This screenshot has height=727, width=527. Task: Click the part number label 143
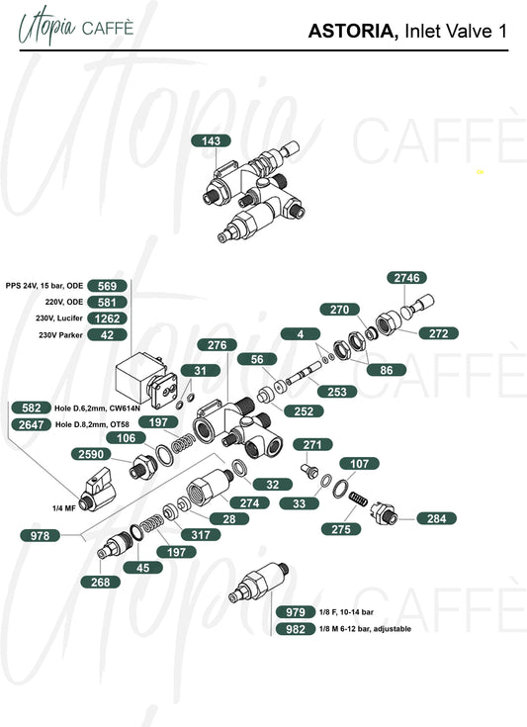coord(212,140)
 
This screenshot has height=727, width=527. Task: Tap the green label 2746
coord(406,278)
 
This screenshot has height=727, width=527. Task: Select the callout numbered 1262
coord(107,318)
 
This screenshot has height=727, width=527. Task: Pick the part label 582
coord(32,408)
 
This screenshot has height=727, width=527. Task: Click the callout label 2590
coord(91,454)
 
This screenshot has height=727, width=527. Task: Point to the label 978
coord(40,535)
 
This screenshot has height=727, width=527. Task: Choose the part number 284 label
coord(436,518)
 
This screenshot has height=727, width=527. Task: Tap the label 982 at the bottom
coord(296,629)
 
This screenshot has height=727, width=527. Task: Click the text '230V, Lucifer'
coord(59,318)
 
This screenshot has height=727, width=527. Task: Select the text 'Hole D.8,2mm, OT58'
coord(92,424)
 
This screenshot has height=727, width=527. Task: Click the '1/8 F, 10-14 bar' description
coord(346,612)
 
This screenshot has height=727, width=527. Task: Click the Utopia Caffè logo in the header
coord(76,26)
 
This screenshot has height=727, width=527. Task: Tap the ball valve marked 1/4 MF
coord(97,490)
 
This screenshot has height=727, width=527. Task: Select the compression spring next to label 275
coord(358,500)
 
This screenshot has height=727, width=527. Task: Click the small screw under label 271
coord(310,471)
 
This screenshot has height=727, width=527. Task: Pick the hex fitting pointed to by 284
coord(385,513)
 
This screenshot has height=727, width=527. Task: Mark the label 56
coord(257,359)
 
